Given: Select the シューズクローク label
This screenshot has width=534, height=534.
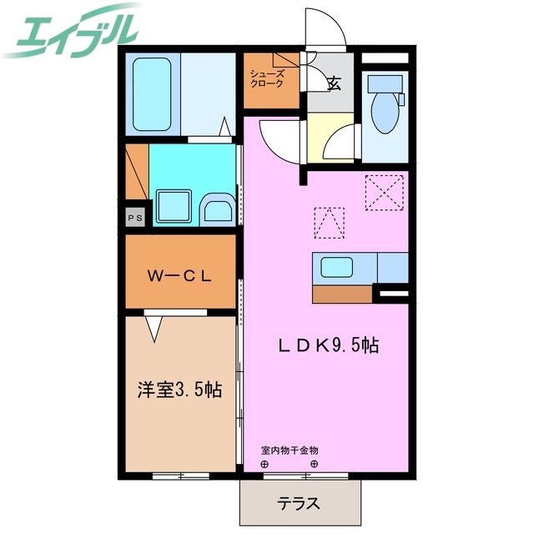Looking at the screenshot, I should pyautogui.click(x=267, y=78).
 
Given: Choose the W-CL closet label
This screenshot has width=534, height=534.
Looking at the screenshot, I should pyautogui.click(x=179, y=275).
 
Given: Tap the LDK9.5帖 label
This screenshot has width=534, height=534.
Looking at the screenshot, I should pyautogui.click(x=329, y=345).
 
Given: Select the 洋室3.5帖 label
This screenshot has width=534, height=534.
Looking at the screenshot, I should pyautogui.click(x=179, y=389).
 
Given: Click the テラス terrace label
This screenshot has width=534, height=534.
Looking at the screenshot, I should pyautogui.click(x=300, y=503).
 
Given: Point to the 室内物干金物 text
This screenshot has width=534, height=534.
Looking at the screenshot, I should pyautogui.click(x=290, y=451).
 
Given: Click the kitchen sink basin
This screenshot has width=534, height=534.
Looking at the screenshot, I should pyautogui.click(x=338, y=268).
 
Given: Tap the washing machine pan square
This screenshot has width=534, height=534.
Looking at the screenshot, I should pyautogui.click(x=174, y=205).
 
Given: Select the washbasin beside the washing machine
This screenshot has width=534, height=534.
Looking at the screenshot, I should pyautogui.click(x=218, y=209).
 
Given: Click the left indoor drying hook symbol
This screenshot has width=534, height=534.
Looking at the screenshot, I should pyautogui.click(x=264, y=464).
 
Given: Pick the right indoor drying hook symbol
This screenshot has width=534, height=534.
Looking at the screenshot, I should pyautogui.click(x=315, y=464).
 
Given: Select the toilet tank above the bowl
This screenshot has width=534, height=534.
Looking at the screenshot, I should pyautogui.click(x=385, y=83).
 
